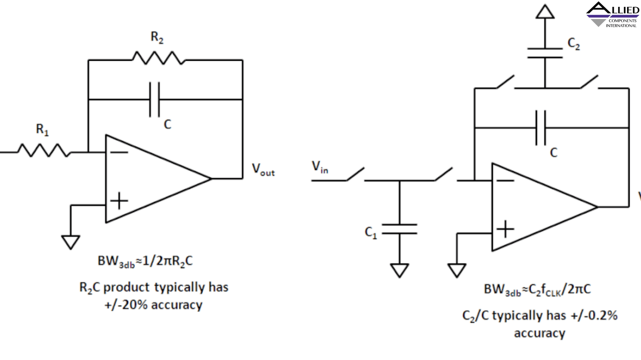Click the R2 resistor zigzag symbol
coord(158,58)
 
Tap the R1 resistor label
coord(42,130)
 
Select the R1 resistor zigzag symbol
coord(43,150)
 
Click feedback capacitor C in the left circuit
coord(155,100)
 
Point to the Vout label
coord(263,170)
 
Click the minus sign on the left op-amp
coord(119,152)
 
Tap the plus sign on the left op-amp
coord(119,201)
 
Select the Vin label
coord(320,167)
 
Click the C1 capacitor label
coord(371,232)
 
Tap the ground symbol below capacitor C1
coord(399,270)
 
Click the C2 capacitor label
coord(574,44)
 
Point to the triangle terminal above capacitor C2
coord(545,12)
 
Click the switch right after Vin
coord(355,175)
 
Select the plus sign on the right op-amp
coord(505,229)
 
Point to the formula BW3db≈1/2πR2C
coord(145,261)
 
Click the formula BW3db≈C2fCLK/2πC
coord(537,290)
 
